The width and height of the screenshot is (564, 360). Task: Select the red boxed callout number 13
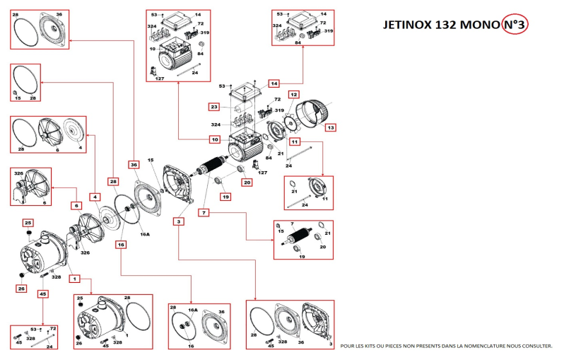pos(331,127)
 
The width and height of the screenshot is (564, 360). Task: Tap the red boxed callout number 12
pos(293,94)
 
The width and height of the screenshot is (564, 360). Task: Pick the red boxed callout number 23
pos(213,107)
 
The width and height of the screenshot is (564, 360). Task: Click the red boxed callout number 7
pos(203,212)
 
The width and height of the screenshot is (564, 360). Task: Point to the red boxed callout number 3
pos(180,222)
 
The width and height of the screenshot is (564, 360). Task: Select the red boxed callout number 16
pos(121,244)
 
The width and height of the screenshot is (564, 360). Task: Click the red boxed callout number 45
pos(43,294)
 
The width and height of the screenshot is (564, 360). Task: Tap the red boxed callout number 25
pos(28,223)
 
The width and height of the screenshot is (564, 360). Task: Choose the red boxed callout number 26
pos(21,288)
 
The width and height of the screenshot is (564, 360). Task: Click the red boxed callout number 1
pos(74,279)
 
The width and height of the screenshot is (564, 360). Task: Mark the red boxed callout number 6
pos(76,205)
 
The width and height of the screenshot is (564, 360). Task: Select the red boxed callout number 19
pos(225,197)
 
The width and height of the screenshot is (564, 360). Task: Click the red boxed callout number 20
pos(247,182)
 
